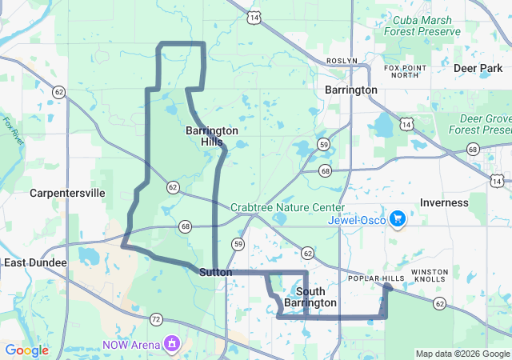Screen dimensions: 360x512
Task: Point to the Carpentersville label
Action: point(67,193)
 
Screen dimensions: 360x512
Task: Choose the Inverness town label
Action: point(444,202)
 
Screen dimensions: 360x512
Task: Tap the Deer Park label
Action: point(478,69)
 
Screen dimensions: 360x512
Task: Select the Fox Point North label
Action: point(401,71)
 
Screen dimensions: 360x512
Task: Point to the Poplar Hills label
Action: point(376,278)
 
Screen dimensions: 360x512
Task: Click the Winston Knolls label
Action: point(430,276)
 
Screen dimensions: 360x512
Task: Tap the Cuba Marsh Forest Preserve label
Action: point(422,26)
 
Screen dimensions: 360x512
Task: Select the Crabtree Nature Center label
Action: point(288,207)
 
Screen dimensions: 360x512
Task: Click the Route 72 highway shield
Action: point(156,319)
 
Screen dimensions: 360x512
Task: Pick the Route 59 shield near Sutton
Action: point(238,243)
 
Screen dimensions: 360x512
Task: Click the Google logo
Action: point(26,350)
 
